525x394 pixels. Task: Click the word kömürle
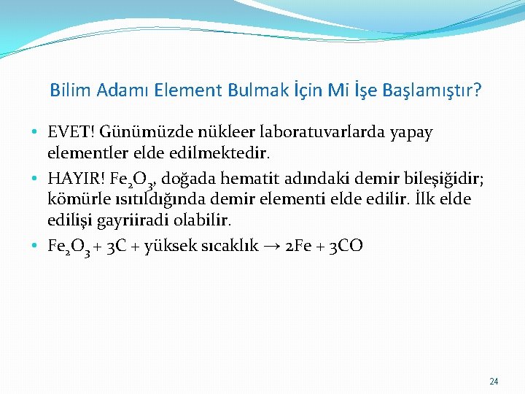tap(77, 198)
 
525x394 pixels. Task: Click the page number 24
tap(494, 382)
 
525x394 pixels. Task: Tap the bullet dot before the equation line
tap(35, 246)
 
